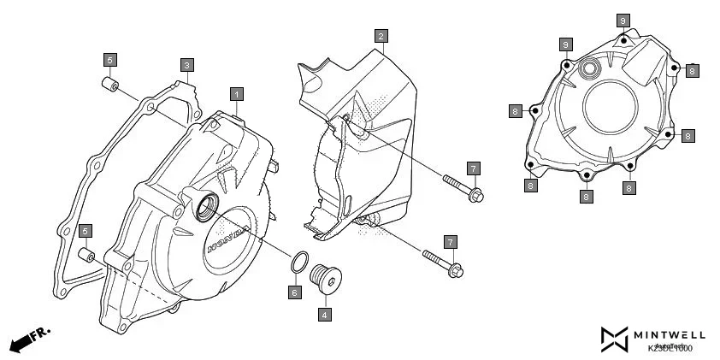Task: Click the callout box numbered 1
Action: (x=237, y=93)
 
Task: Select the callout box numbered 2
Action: (x=381, y=36)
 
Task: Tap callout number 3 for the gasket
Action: (x=187, y=65)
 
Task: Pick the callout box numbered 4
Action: (x=325, y=315)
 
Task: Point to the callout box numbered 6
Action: (x=294, y=292)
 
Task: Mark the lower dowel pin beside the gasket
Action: (x=86, y=256)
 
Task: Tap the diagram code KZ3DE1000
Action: (x=670, y=348)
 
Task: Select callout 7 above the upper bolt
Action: (x=474, y=168)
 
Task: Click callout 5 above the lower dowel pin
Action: (x=86, y=231)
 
